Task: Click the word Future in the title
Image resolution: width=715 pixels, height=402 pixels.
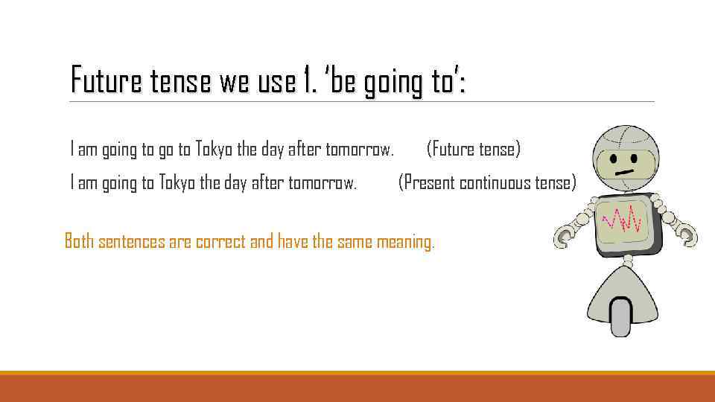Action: coord(101,80)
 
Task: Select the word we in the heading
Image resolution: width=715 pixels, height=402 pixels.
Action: coord(231,80)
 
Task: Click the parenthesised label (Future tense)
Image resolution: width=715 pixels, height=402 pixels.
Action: coord(474,150)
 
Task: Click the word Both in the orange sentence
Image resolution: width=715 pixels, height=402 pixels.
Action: coord(79,241)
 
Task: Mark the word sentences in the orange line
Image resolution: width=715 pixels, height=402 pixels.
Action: coord(133,241)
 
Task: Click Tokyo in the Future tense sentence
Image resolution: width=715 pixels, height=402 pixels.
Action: coord(214,150)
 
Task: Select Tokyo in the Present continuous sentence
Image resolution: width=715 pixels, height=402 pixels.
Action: coord(177,182)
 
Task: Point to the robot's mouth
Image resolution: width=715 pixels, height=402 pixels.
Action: coord(625,172)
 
